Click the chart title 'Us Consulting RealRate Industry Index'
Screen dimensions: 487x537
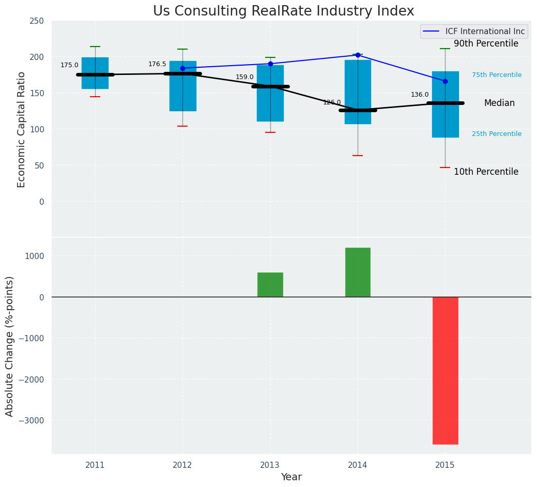283,11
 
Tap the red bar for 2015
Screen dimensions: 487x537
445,370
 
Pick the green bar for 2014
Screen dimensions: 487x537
358,272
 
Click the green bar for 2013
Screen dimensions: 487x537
270,284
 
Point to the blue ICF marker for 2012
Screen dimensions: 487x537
182,68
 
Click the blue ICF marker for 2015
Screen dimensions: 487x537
445,81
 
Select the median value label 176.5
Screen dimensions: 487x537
157,64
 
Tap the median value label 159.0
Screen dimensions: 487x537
244,77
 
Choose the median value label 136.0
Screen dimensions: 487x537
420,95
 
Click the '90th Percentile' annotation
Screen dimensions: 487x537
486,44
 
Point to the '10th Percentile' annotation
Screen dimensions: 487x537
486,172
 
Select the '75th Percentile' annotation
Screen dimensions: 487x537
497,75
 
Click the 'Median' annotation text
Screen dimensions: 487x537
499,103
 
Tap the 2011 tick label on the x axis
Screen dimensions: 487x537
95,465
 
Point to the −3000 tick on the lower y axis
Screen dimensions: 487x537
31,421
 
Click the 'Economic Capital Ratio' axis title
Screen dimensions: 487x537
22,129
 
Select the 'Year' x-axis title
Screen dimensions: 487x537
291,477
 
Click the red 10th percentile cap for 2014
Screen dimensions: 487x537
358,156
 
